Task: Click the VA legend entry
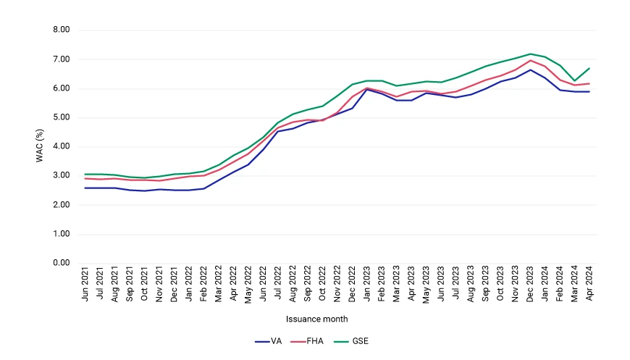click(x=269, y=341)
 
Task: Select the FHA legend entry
click(x=306, y=341)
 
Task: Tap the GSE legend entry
click(x=351, y=341)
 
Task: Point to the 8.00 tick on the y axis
click(x=62, y=30)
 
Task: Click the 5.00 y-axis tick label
click(x=62, y=117)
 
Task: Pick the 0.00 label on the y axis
click(x=62, y=263)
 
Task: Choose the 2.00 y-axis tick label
click(x=62, y=205)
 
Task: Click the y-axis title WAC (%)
click(x=39, y=146)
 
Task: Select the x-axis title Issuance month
click(x=317, y=319)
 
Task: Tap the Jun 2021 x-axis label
click(x=85, y=284)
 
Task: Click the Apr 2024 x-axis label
click(x=589, y=283)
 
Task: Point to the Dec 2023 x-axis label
click(x=530, y=284)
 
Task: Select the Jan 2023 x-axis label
click(x=367, y=283)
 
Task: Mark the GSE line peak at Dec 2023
click(x=530, y=54)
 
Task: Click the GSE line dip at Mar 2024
click(x=574, y=80)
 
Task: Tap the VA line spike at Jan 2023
click(x=367, y=89)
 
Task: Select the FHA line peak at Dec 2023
click(x=530, y=61)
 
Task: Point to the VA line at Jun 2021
click(x=85, y=188)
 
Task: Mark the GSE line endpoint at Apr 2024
click(x=589, y=68)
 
